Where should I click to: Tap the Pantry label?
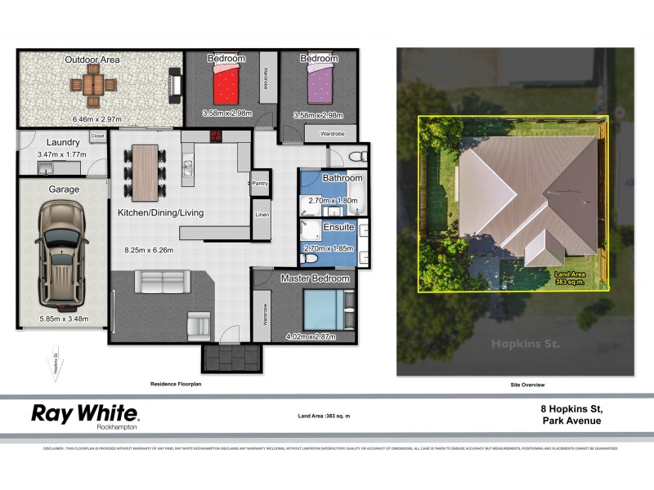[x=261, y=184]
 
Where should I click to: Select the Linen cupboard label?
[x=261, y=215]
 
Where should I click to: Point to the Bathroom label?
[x=342, y=177]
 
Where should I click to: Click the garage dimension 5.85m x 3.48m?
[x=65, y=319]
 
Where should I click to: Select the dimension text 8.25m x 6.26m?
[x=149, y=251]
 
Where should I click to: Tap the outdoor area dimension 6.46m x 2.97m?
[x=96, y=119]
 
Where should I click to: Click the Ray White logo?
[x=85, y=415]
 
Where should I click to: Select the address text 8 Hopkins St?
[x=573, y=408]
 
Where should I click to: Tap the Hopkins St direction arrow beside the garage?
[x=56, y=363]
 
